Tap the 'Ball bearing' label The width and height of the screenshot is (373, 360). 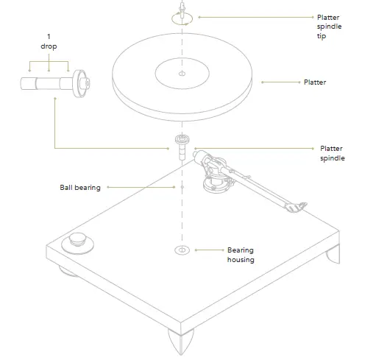[80, 187]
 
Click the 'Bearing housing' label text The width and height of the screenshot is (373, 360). [241, 255]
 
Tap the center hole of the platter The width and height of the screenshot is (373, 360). [182, 75]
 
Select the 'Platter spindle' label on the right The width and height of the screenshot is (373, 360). [332, 153]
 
